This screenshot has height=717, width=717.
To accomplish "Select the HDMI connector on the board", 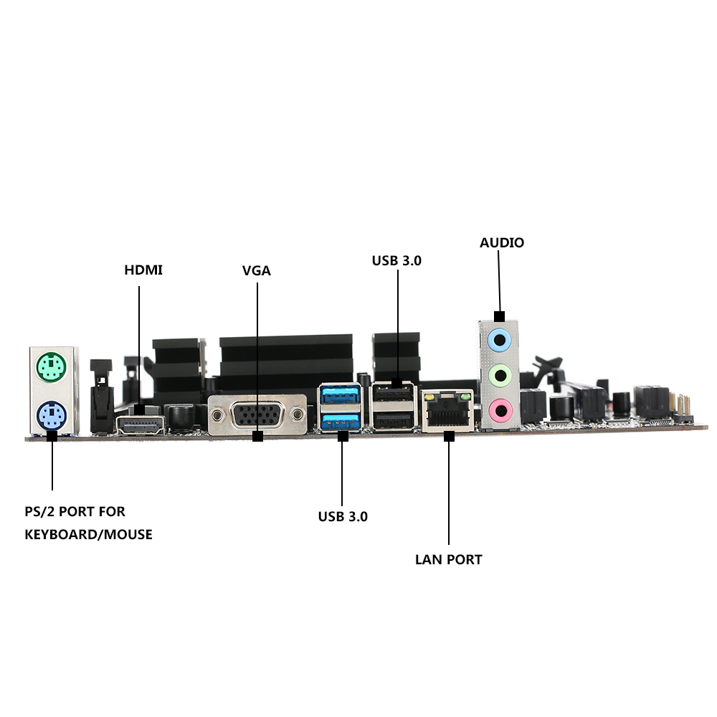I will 140,426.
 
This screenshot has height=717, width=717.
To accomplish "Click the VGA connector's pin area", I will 257,415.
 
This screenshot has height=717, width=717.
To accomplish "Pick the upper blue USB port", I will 340,394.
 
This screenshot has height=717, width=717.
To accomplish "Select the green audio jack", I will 499,375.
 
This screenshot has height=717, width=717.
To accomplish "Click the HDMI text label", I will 143,270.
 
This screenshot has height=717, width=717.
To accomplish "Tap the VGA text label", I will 257,271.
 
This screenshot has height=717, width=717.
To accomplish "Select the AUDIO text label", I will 502,242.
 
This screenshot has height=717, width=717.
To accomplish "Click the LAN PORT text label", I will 449,559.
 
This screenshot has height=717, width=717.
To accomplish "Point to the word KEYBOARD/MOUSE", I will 88,534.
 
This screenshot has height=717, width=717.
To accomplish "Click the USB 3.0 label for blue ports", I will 343,516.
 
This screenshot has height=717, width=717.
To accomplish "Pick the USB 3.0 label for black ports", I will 397,260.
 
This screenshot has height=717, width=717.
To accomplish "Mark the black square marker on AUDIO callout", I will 500,316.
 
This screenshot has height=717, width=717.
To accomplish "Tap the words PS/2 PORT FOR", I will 75,511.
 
